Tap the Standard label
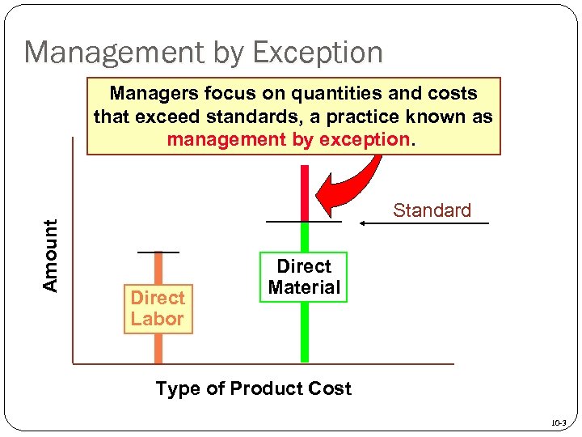click(x=432, y=210)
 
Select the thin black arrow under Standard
click(x=424, y=223)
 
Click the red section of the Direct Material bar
click(x=305, y=193)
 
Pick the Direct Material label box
click(x=304, y=277)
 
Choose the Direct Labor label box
click(x=158, y=308)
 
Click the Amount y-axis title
click(x=51, y=256)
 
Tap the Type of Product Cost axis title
click(x=253, y=388)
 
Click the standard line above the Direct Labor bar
click(x=158, y=252)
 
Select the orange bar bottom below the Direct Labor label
click(x=158, y=349)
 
